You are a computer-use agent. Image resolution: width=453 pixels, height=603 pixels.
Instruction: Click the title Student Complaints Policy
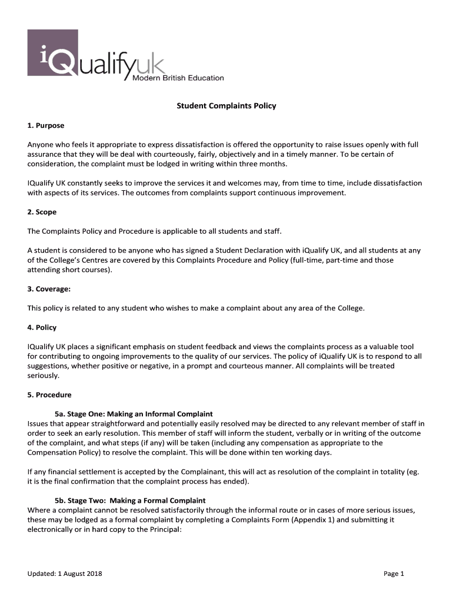[x=226, y=106]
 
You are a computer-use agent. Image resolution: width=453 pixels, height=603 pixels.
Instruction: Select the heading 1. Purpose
[x=46, y=125]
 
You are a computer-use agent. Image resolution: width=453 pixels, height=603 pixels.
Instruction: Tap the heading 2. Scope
[x=42, y=211]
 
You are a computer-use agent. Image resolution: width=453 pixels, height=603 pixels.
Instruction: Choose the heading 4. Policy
[x=42, y=327]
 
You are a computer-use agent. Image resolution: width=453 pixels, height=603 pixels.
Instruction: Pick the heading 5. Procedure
[x=49, y=395]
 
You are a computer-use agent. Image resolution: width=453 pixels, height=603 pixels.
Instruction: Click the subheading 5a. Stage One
[x=134, y=414]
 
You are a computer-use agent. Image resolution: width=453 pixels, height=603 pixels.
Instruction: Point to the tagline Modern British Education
[x=177, y=78]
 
